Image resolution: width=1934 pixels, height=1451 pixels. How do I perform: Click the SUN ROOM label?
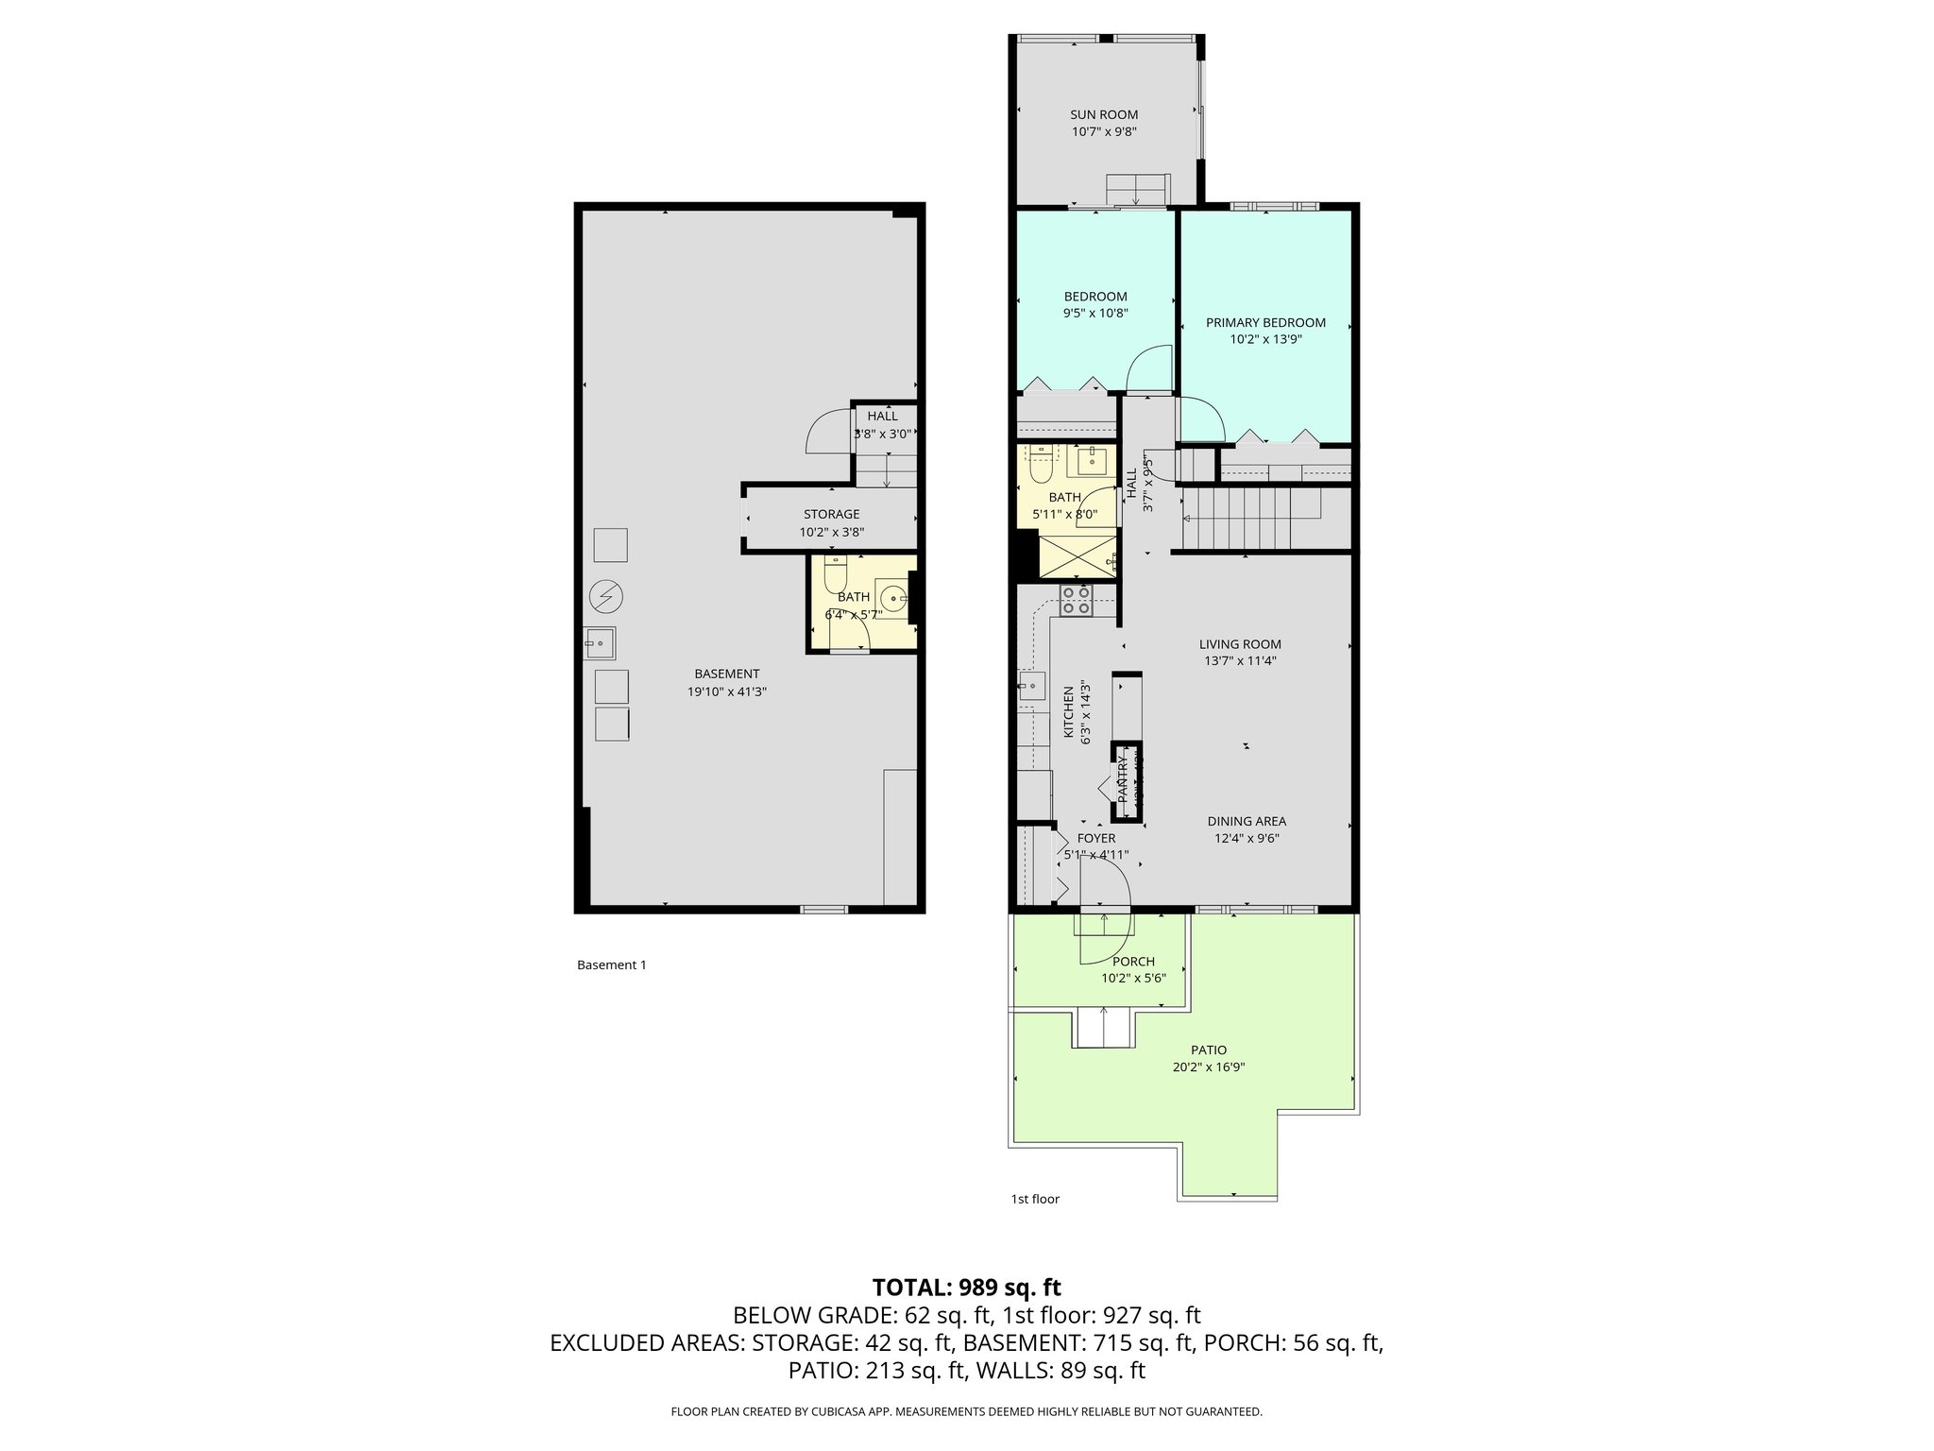[x=1104, y=115]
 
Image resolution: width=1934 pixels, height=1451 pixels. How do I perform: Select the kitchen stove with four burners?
[x=1076, y=601]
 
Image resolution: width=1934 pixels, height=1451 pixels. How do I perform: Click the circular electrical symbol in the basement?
[x=605, y=596]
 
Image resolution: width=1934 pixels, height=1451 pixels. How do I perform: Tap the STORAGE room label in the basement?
[x=831, y=515]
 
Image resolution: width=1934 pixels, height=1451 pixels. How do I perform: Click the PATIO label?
[x=1209, y=1050]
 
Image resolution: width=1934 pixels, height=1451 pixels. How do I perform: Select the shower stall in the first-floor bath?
[x=1077, y=555]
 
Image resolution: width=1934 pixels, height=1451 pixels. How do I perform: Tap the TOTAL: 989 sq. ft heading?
[x=966, y=1288]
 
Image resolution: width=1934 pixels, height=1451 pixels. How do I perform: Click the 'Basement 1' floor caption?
[x=611, y=965]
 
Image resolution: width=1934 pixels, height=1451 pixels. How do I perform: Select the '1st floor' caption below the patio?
[x=1035, y=1200]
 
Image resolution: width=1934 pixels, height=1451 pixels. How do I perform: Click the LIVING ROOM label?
[x=1240, y=644]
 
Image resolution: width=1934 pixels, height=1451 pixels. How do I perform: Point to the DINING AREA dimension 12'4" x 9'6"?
[x=1247, y=839]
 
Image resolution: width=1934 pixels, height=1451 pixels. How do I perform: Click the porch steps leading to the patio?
[x=1104, y=1027]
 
